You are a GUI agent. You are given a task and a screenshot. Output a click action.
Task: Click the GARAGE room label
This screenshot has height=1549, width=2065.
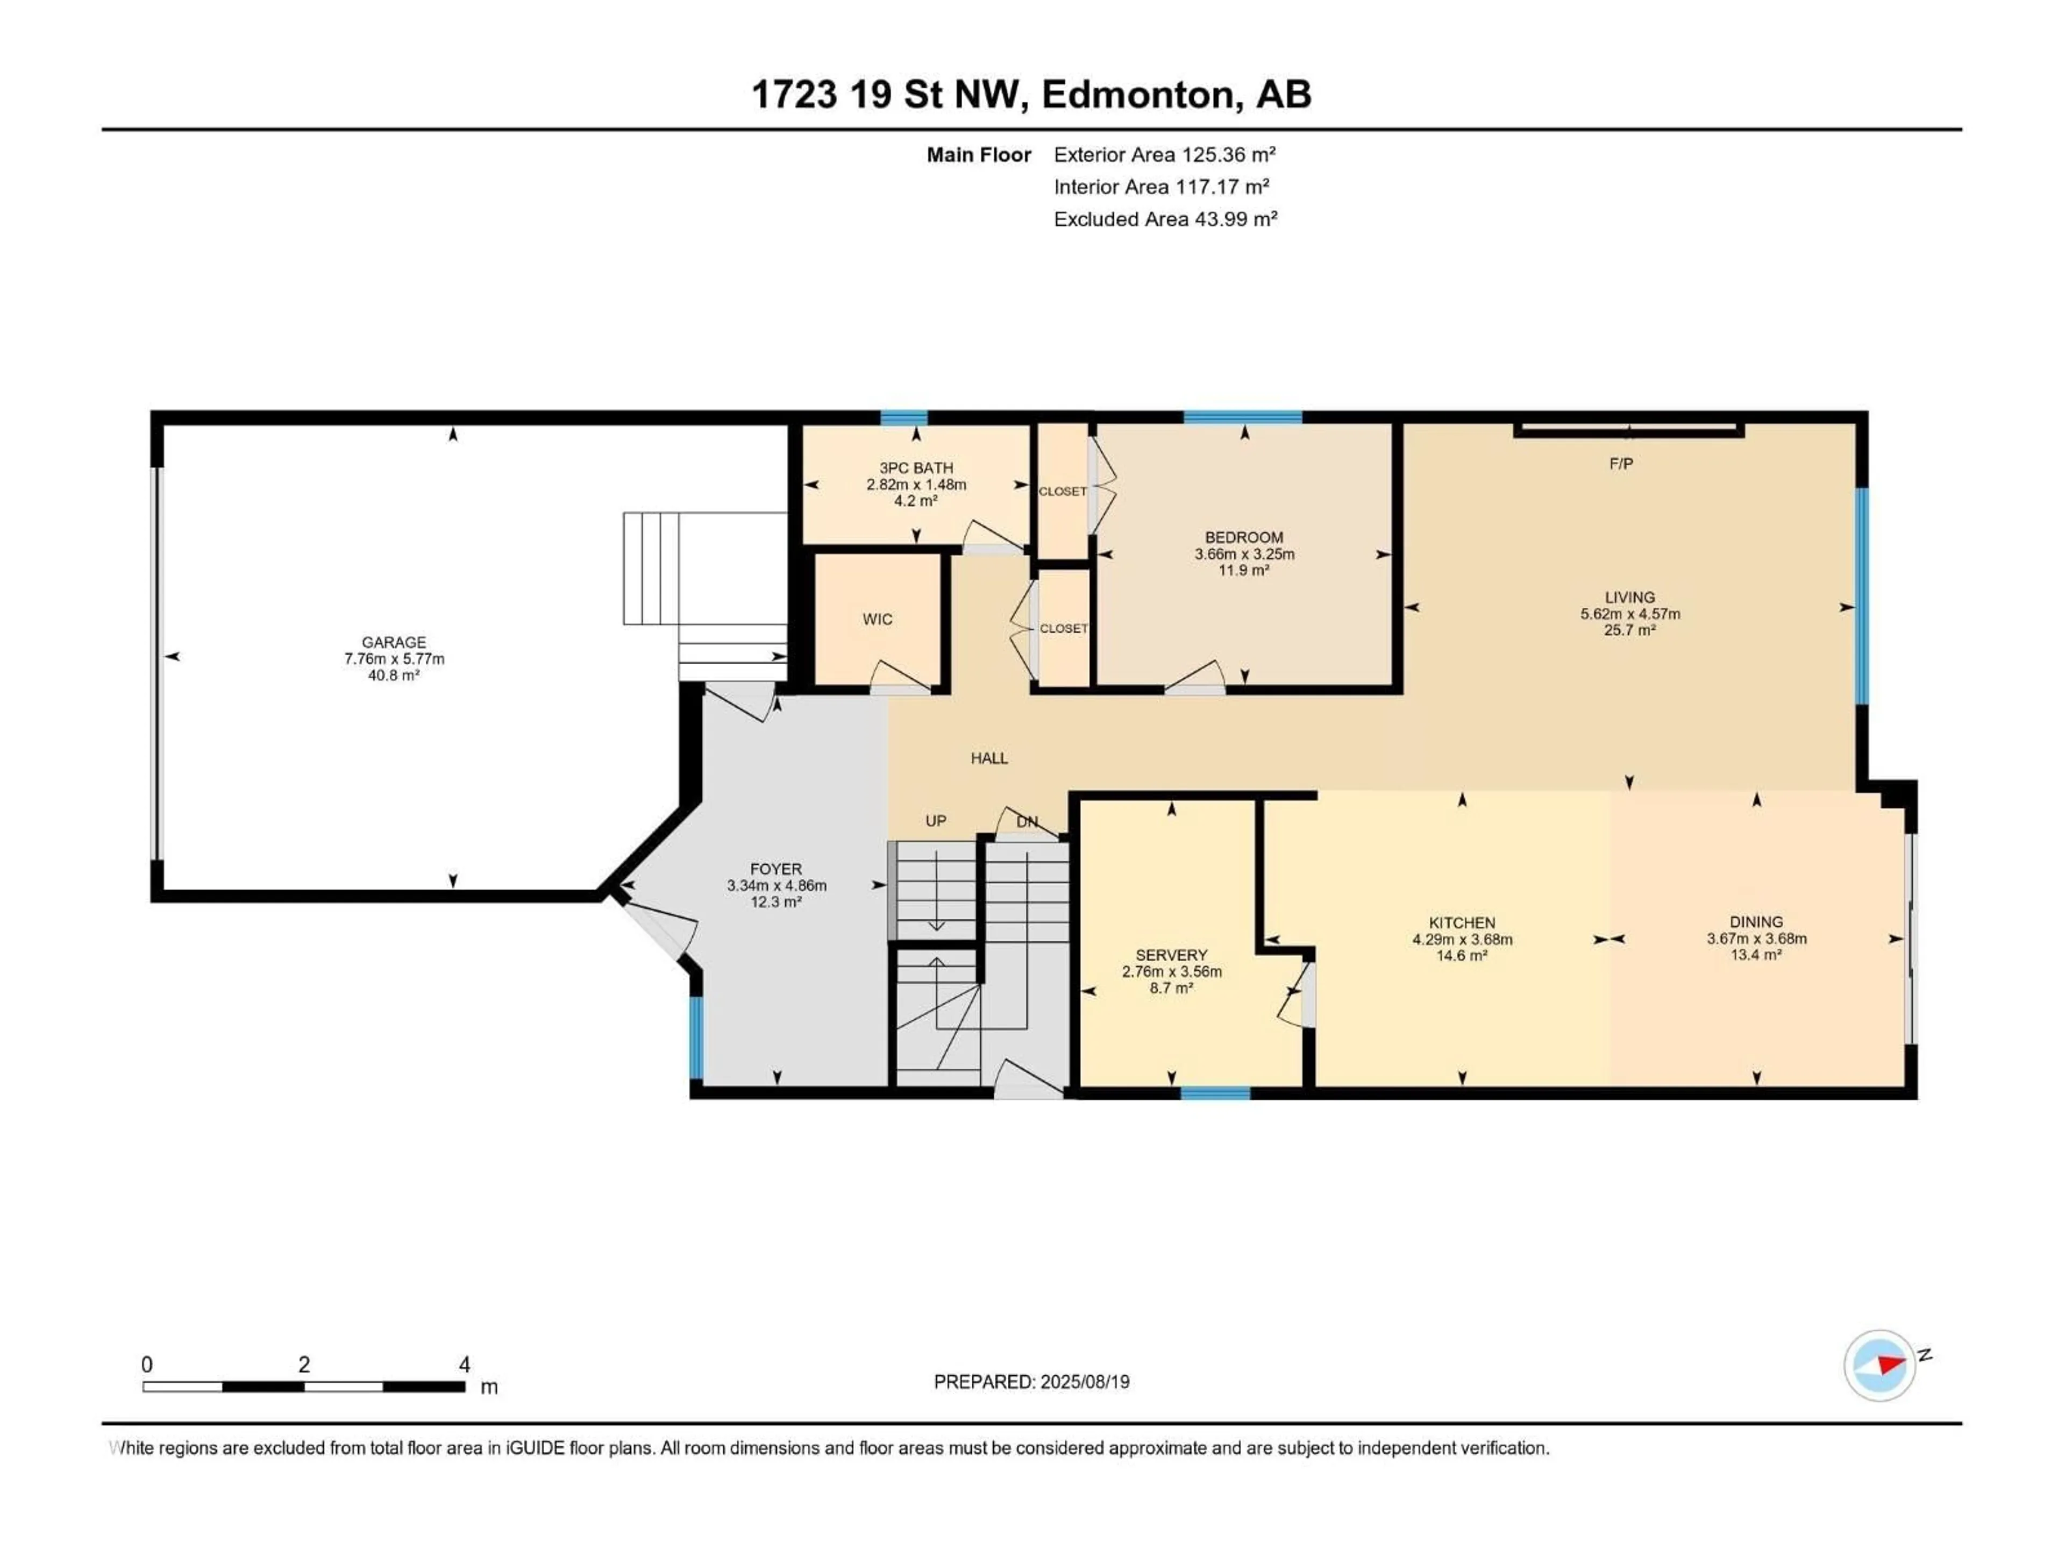point(394,642)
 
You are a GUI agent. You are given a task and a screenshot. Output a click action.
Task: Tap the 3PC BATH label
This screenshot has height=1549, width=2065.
point(916,468)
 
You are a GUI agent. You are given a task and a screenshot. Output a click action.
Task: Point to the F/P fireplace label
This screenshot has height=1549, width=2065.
point(1621,463)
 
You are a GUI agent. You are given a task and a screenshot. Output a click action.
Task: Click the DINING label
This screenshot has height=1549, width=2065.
point(1755,921)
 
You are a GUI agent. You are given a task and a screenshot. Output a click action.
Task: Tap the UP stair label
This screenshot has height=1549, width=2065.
point(935,821)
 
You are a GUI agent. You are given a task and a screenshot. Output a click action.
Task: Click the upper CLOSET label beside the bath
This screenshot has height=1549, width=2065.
point(1063,491)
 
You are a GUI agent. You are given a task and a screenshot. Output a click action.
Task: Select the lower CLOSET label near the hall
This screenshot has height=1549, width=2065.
point(1063,628)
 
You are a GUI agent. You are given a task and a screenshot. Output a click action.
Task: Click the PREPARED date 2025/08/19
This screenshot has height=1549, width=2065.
point(1083,1382)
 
